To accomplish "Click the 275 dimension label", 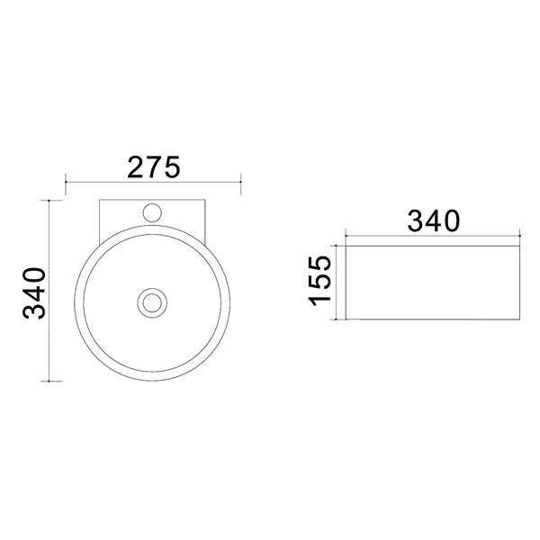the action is [154, 167].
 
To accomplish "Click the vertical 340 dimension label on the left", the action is [34, 293].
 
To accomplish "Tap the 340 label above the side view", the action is [434, 221].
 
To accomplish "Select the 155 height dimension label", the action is [319, 281].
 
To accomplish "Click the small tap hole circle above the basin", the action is [152, 212].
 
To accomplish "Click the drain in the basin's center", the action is [152, 303].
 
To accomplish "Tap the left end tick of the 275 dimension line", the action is [66, 182].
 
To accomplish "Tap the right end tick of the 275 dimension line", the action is [240, 182].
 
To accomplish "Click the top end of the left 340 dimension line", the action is [49, 200].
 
